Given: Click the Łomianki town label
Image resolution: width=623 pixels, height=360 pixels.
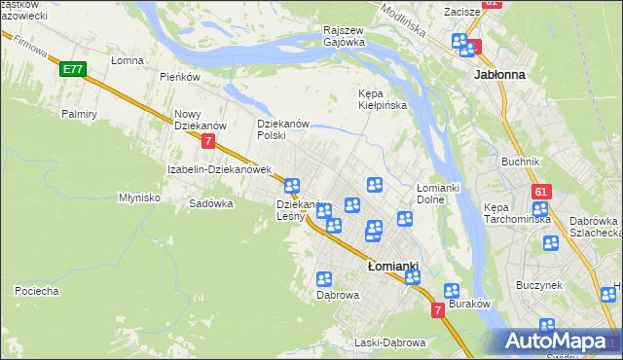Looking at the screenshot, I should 393,266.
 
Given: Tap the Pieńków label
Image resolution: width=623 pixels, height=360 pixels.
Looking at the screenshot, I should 179,77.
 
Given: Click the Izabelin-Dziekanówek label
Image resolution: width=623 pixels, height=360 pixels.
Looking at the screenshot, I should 218,168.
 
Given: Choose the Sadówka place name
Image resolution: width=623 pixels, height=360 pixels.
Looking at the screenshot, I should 211,203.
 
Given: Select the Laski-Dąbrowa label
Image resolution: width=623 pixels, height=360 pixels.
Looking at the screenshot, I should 390,342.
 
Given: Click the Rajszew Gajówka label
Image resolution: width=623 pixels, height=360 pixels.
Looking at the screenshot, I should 344,36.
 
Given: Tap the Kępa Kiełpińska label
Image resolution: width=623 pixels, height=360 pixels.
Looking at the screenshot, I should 379,99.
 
